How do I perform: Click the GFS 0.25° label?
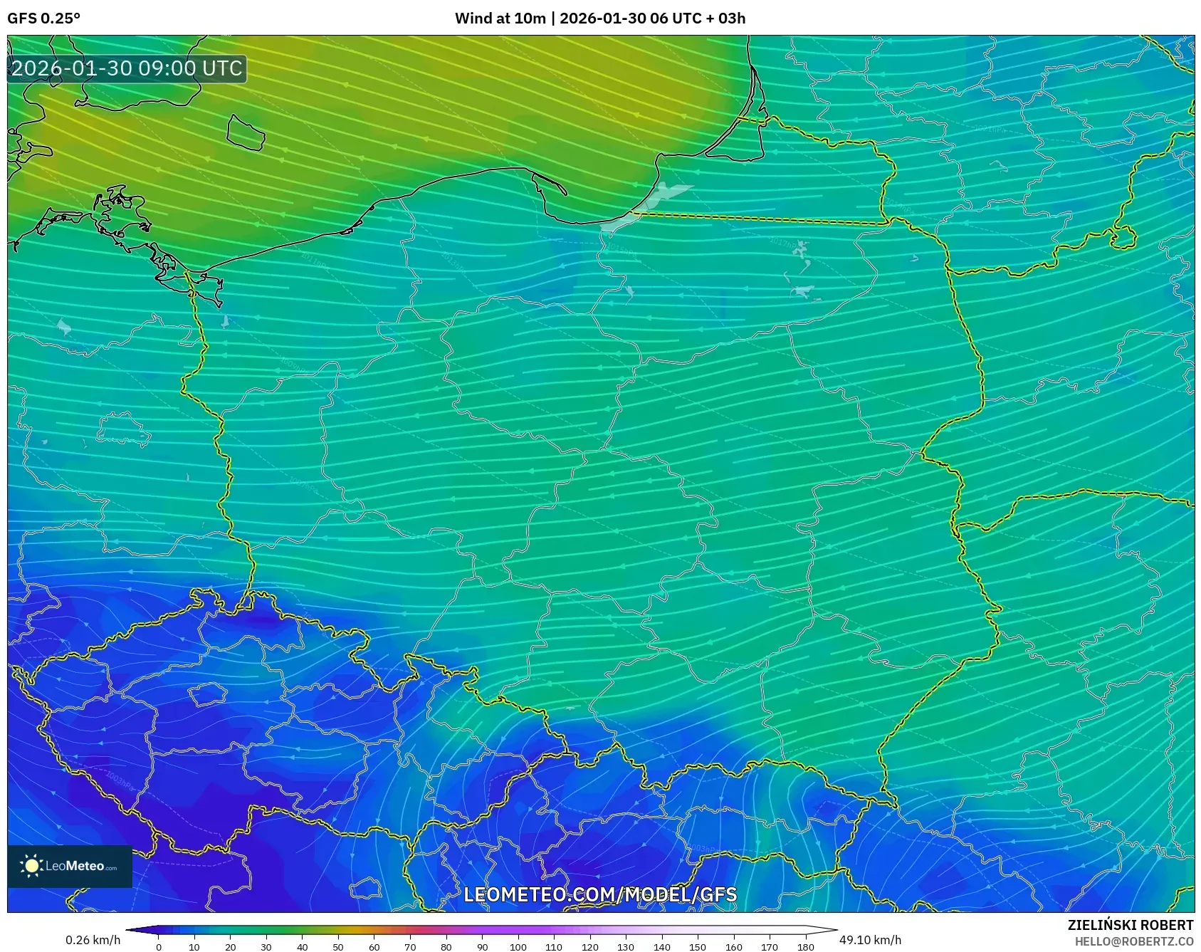tap(44, 19)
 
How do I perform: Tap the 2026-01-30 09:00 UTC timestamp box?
tap(127, 68)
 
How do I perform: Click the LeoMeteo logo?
tap(70, 866)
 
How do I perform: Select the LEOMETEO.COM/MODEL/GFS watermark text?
tap(600, 894)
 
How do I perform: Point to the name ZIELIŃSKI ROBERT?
tap(1131, 925)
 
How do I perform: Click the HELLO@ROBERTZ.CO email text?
tap(1134, 941)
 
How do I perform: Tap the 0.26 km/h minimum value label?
tap(93, 940)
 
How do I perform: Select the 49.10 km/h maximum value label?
tap(870, 940)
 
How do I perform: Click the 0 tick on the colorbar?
tap(159, 947)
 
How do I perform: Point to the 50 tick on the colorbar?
tap(338, 947)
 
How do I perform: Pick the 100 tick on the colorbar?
tap(518, 947)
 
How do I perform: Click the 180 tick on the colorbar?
tap(806, 947)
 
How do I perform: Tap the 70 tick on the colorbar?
tap(410, 947)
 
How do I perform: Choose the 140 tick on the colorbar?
tap(662, 947)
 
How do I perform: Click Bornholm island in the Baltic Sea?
tap(245, 132)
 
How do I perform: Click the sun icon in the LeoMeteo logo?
tap(31, 866)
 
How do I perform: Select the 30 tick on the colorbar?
tap(266, 947)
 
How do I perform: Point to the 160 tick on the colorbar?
tap(734, 947)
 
